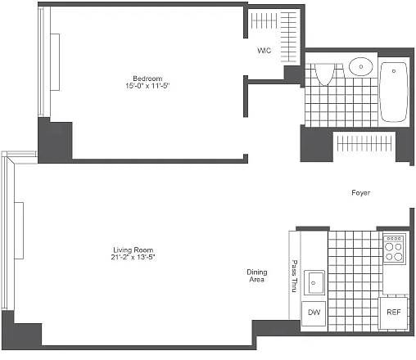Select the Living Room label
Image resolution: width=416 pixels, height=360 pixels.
(133, 250)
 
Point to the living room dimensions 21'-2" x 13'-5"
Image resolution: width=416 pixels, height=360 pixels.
(133, 258)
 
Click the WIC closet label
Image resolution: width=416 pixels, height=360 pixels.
(264, 51)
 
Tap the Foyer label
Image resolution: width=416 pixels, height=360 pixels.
(360, 193)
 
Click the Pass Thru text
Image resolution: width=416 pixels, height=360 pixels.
(294, 276)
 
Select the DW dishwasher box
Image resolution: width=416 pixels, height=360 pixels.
(314, 312)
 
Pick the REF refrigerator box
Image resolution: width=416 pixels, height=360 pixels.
(394, 312)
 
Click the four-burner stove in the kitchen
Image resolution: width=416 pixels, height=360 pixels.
(394, 248)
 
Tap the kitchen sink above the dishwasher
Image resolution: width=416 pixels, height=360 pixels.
(314, 283)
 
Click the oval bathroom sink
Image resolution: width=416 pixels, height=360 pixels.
(359, 65)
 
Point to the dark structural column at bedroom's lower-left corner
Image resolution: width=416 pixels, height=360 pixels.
(55, 141)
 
